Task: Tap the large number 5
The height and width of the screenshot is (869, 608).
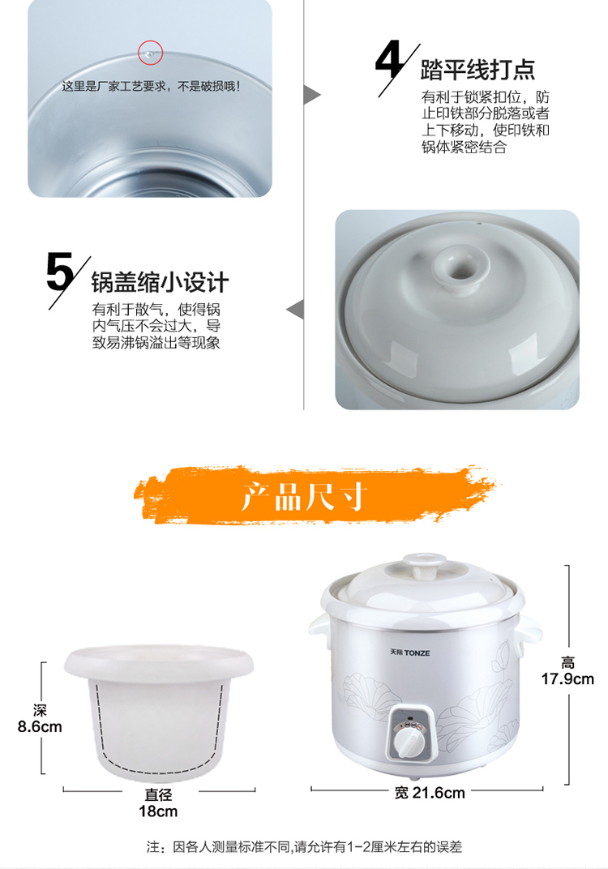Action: pyautogui.click(x=59, y=271)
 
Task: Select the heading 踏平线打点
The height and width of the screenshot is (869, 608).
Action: pyautogui.click(x=477, y=69)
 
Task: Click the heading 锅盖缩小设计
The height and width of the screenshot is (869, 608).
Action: pyautogui.click(x=160, y=282)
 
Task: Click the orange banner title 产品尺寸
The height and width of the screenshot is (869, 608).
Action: pyautogui.click(x=304, y=496)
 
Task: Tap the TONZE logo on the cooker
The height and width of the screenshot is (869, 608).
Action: pyautogui.click(x=409, y=653)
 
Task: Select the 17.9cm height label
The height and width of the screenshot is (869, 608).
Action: pyautogui.click(x=567, y=671)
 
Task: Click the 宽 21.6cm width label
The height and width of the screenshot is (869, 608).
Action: pyautogui.click(x=430, y=793)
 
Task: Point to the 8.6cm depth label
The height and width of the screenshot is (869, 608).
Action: pyautogui.click(x=40, y=719)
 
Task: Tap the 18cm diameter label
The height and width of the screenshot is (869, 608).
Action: pyautogui.click(x=159, y=803)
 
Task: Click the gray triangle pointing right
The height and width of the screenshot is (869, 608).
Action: pyautogui.click(x=312, y=95)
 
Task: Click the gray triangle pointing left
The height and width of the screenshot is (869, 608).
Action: pyautogui.click(x=295, y=310)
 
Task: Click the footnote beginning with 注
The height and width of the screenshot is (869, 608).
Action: pyautogui.click(x=304, y=847)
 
